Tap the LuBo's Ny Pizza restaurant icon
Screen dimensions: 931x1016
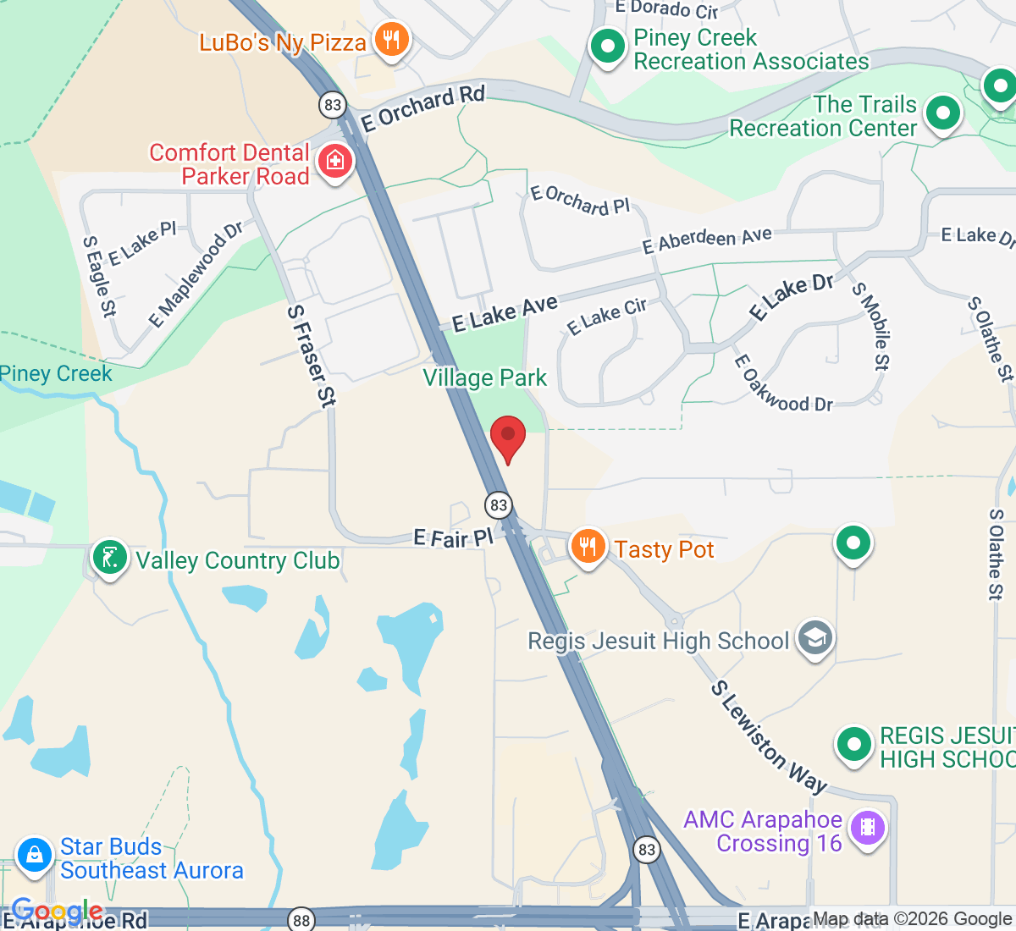click(x=391, y=39)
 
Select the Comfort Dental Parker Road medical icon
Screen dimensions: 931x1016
click(x=335, y=160)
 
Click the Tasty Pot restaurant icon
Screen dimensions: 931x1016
click(x=588, y=547)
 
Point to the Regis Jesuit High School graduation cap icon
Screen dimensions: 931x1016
click(x=815, y=639)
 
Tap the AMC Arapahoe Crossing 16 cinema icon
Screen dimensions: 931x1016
click(x=867, y=828)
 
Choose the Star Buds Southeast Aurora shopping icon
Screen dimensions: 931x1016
click(x=35, y=855)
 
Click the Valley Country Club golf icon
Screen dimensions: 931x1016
click(x=110, y=559)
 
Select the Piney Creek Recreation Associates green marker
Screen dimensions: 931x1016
click(x=607, y=47)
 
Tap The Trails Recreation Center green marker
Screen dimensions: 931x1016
click(x=943, y=113)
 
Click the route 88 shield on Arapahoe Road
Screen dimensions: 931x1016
click(x=301, y=919)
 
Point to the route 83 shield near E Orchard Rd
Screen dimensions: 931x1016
click(x=333, y=105)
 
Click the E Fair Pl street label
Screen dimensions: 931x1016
click(x=453, y=537)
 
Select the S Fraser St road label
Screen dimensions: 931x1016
click(x=311, y=356)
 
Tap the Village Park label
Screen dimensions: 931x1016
click(x=485, y=377)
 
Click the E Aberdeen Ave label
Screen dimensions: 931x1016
click(x=707, y=240)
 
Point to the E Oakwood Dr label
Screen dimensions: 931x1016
click(x=782, y=385)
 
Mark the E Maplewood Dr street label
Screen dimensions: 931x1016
click(x=196, y=274)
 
